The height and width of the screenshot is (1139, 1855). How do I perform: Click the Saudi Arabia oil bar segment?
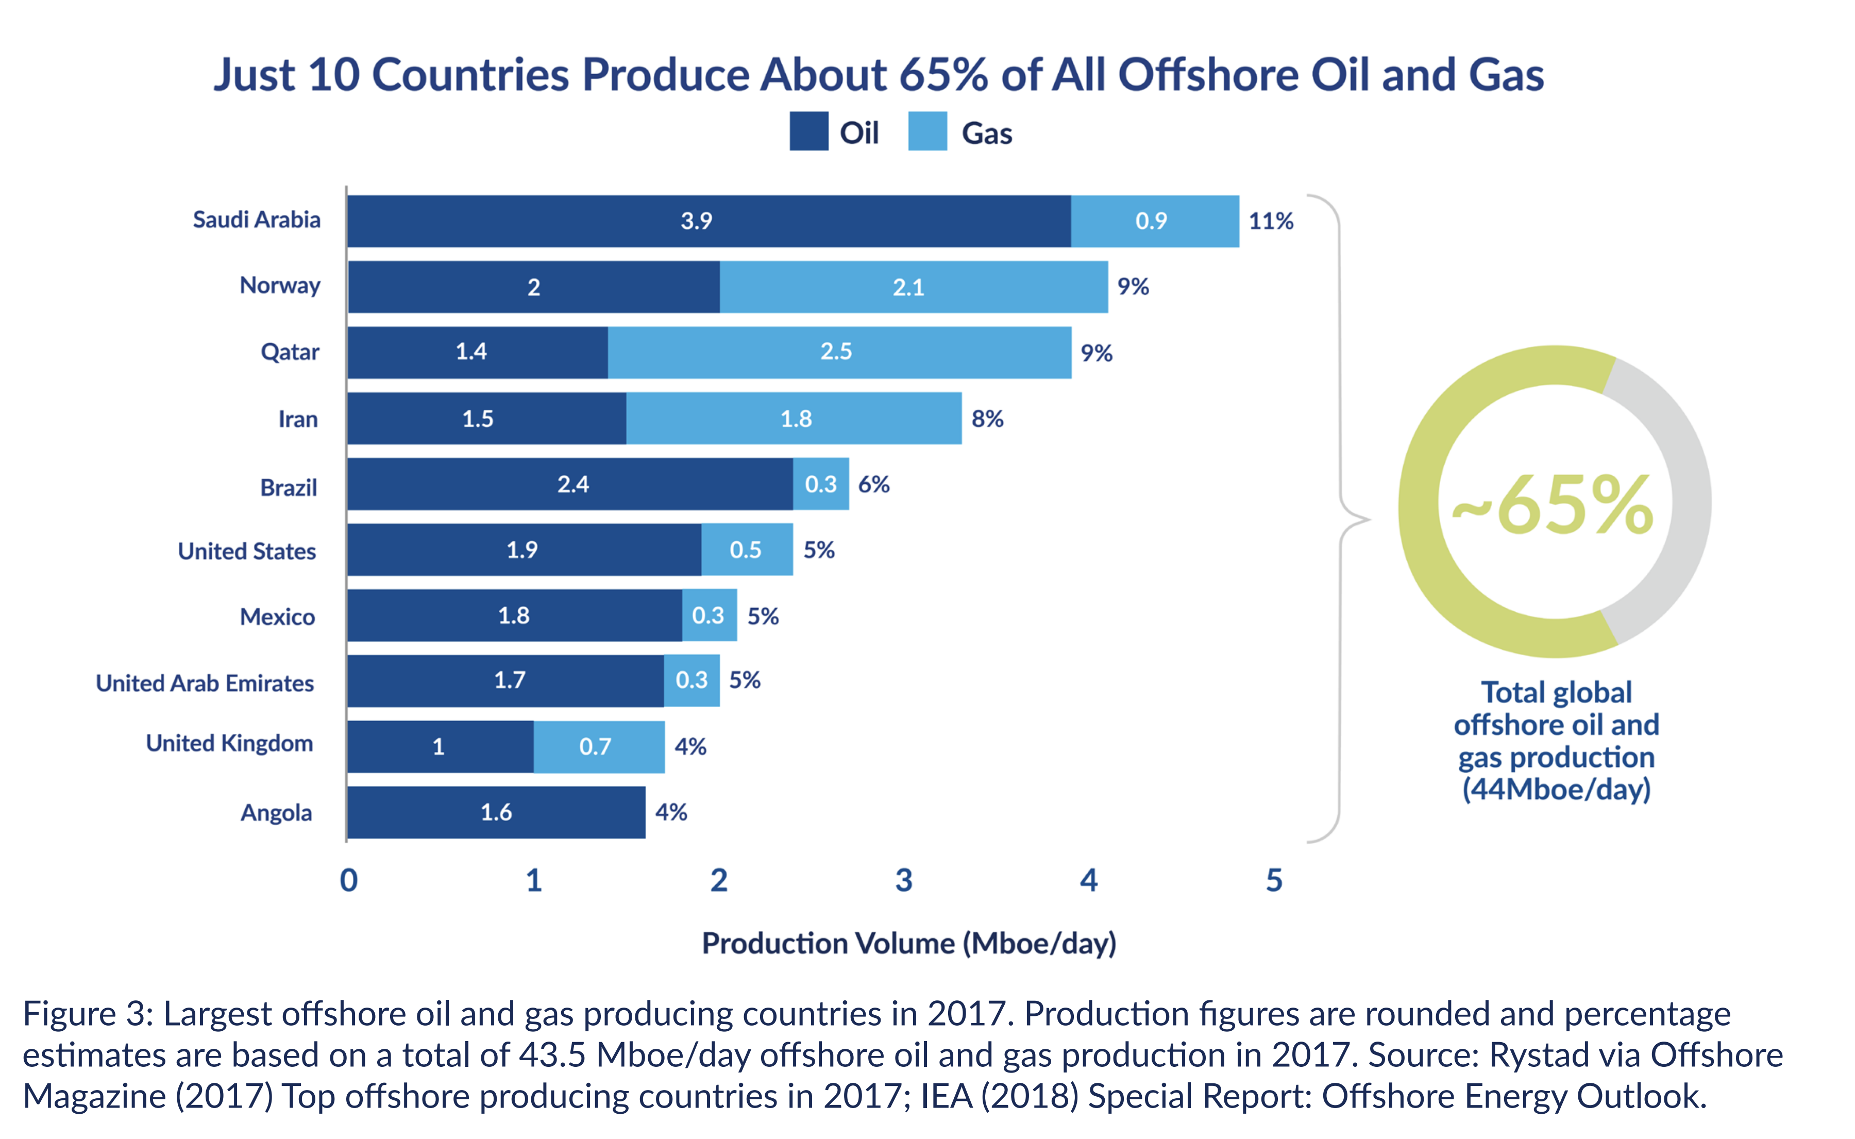pyautogui.click(x=709, y=221)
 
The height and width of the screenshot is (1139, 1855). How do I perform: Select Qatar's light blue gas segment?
pyautogui.click(x=839, y=352)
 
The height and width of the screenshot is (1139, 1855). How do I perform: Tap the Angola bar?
pyautogui.click(x=496, y=812)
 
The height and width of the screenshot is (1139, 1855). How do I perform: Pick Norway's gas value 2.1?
pyautogui.click(x=908, y=287)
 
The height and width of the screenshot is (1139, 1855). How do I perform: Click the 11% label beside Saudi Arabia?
pyautogui.click(x=1271, y=221)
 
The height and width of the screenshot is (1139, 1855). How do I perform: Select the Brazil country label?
pyautogui.click(x=289, y=488)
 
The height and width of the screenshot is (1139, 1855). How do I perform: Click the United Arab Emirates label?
pyautogui.click(x=205, y=682)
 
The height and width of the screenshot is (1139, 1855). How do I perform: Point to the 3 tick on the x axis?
pyautogui.click(x=904, y=880)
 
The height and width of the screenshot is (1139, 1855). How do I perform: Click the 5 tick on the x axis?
pyautogui.click(x=1274, y=880)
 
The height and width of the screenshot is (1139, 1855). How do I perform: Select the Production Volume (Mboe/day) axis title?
pyautogui.click(x=909, y=943)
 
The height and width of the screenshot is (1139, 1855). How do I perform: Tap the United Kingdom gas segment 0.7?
pyautogui.click(x=599, y=746)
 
